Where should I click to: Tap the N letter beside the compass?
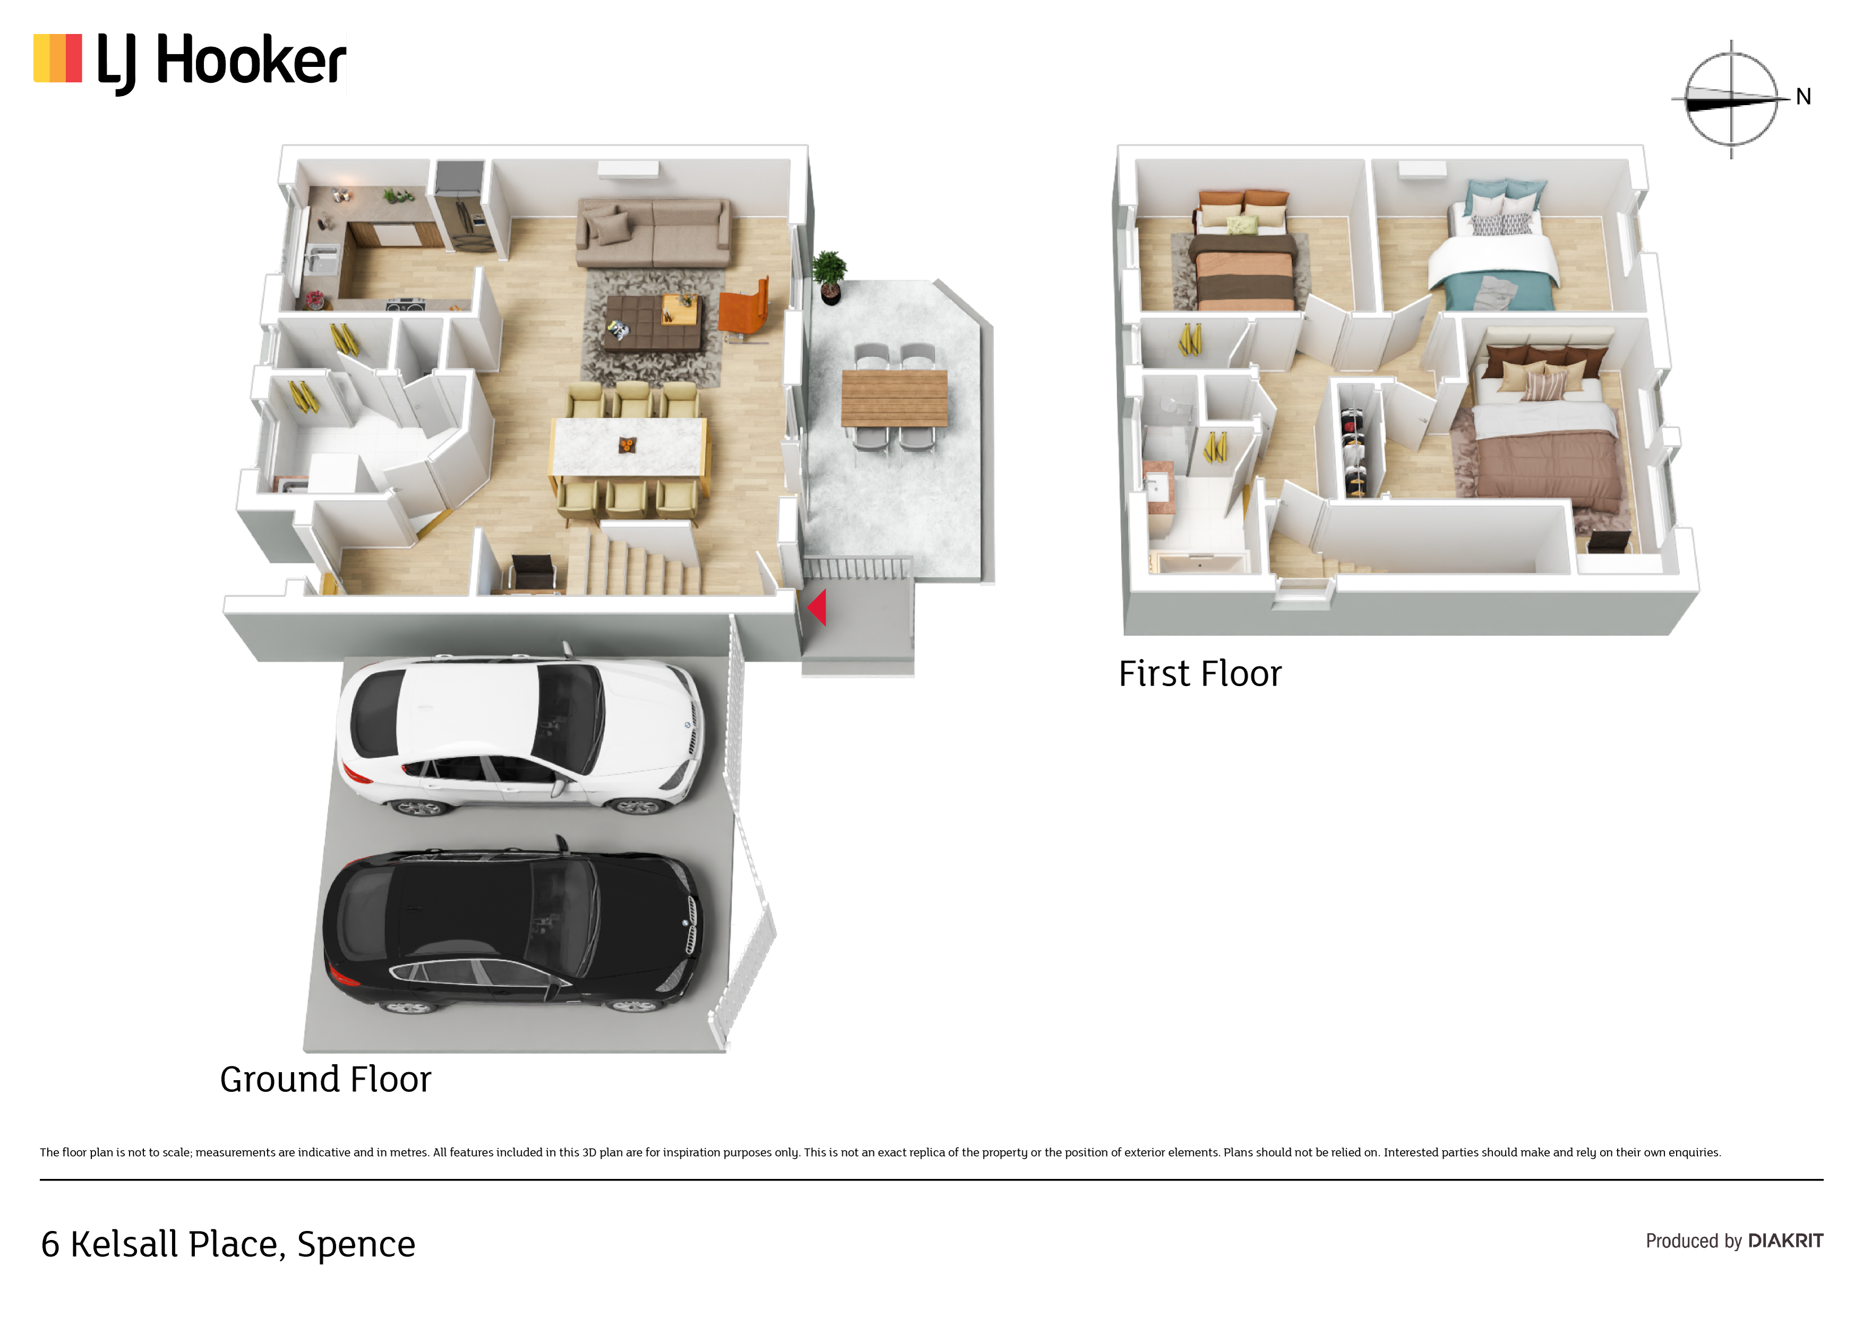[x=1803, y=97]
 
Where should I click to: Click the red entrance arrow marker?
[x=817, y=608]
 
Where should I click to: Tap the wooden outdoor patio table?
[x=894, y=398]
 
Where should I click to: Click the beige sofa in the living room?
[x=652, y=233]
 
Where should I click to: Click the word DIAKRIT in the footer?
[x=1786, y=1241]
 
